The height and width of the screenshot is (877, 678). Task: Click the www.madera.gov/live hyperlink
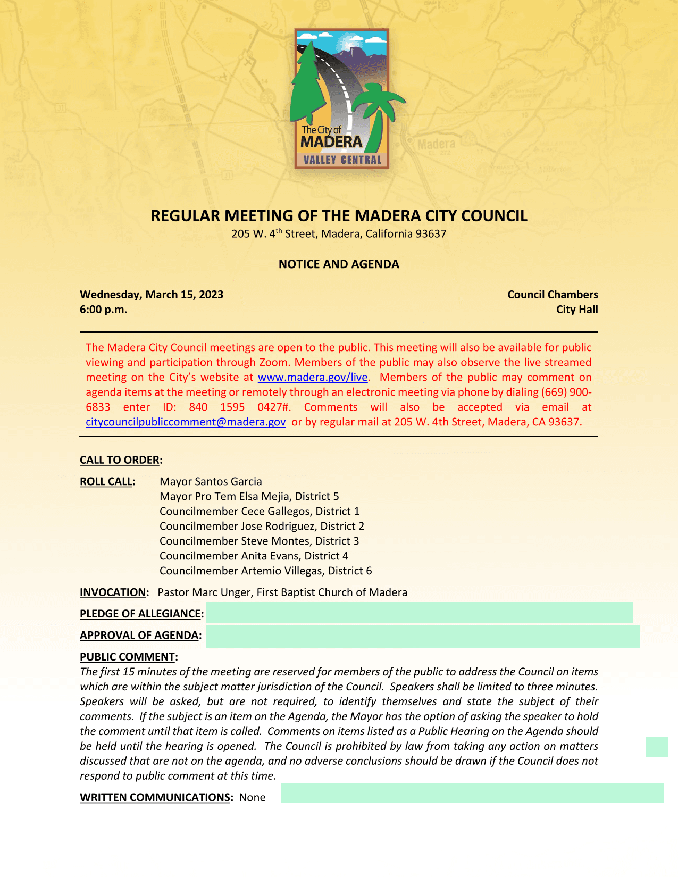pyautogui.click(x=312, y=378)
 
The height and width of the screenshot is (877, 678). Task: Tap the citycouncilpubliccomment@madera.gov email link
pyautogui.click(x=186, y=422)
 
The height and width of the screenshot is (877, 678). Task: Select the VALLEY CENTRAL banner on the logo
pyautogui.click(x=342, y=160)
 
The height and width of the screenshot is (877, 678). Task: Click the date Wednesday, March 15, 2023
pyautogui.click(x=152, y=295)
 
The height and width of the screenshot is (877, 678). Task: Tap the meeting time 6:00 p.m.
pyautogui.click(x=104, y=310)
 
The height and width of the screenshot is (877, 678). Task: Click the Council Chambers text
pyautogui.click(x=553, y=295)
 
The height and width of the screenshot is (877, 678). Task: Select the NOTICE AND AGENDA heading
pyautogui.click(x=339, y=264)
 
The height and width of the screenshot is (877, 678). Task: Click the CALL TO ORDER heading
pyautogui.click(x=120, y=460)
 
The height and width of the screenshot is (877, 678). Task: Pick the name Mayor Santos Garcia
pyautogui.click(x=211, y=482)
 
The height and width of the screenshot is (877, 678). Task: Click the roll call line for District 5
pyautogui.click(x=249, y=497)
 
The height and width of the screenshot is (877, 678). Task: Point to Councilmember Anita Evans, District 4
pyautogui.click(x=254, y=556)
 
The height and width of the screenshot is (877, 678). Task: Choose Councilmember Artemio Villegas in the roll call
pyautogui.click(x=265, y=571)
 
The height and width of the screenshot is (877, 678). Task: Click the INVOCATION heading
pyautogui.click(x=113, y=592)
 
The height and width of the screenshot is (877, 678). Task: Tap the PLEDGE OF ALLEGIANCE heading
pyautogui.click(x=140, y=614)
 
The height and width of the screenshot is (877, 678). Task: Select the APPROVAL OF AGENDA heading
pyautogui.click(x=139, y=636)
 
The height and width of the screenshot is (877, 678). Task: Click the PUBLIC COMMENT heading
pyautogui.click(x=128, y=657)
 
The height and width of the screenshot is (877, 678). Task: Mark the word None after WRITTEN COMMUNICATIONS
pyautogui.click(x=252, y=797)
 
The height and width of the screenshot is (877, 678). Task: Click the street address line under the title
pyautogui.click(x=339, y=234)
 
